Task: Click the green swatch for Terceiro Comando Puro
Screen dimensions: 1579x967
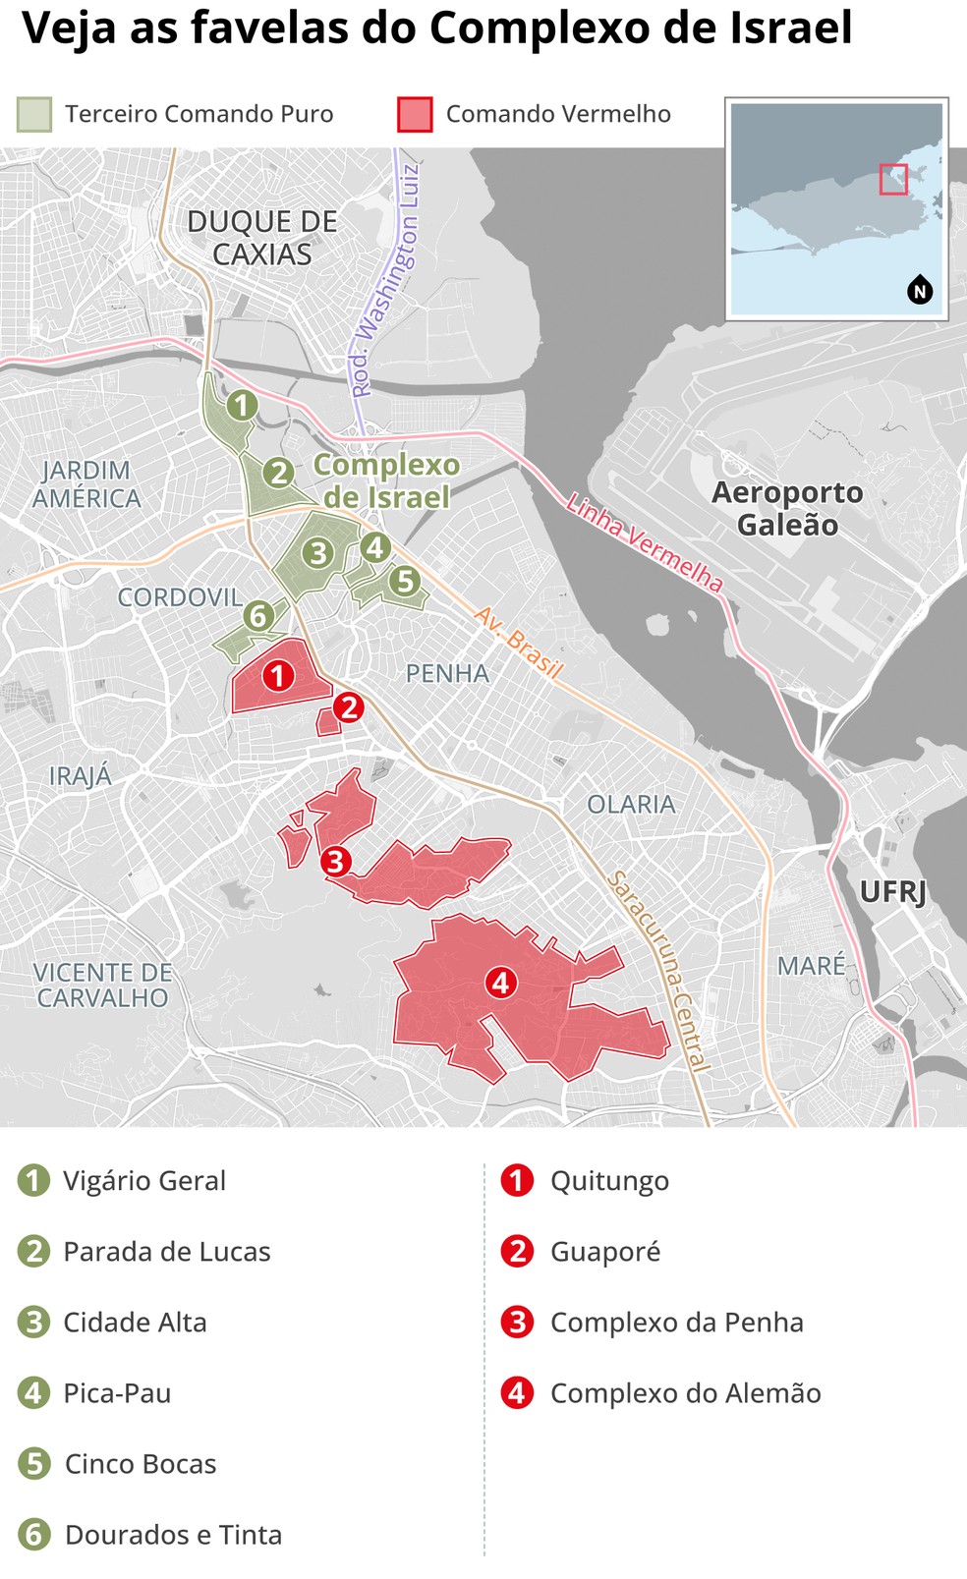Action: (x=33, y=114)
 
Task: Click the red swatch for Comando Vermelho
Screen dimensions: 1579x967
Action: (x=415, y=114)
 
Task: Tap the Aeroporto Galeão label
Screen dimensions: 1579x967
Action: (x=787, y=508)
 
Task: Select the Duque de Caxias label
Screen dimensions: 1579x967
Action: (x=262, y=238)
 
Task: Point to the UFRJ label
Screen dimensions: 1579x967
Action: (x=892, y=892)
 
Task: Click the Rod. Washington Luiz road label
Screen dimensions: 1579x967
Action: (x=385, y=280)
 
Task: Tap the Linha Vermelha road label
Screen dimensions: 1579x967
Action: (x=645, y=543)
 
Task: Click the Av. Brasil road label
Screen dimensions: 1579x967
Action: (x=518, y=643)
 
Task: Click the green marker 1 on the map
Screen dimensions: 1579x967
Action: (x=241, y=405)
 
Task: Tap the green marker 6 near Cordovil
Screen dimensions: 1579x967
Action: (x=257, y=616)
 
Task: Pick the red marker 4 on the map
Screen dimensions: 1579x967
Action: (x=500, y=982)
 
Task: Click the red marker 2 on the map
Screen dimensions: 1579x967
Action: (x=348, y=707)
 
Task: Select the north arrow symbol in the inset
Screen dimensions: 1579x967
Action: (x=920, y=291)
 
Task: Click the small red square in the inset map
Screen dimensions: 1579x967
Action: (x=892, y=179)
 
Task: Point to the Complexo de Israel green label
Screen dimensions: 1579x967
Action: (x=386, y=480)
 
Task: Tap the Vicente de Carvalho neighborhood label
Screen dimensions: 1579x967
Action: (x=102, y=985)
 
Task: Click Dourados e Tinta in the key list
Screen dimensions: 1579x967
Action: (x=173, y=1535)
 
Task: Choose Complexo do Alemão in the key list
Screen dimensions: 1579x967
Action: (x=685, y=1393)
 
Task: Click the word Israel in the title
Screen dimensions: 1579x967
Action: (x=783, y=29)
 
